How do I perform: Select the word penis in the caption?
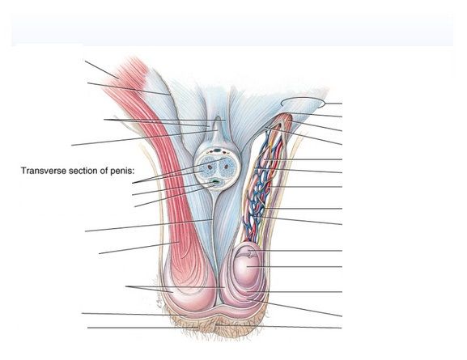122,172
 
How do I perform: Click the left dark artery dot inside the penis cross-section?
210,167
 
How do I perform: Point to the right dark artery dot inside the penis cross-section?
223,167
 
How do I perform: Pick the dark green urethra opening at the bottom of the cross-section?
217,181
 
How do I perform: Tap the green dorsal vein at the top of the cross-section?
218,150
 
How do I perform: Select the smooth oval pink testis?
248,266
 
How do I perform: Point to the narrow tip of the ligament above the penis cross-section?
218,117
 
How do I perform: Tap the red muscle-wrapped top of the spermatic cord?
284,121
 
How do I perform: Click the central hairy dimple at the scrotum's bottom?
217,324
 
